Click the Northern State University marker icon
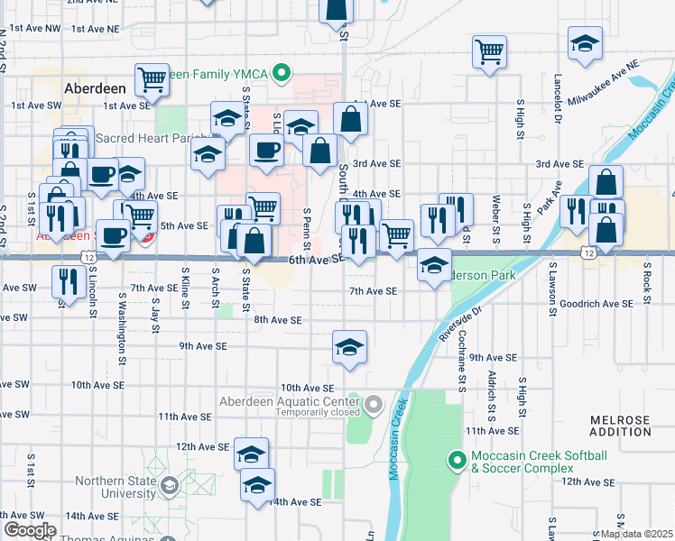[x=168, y=488]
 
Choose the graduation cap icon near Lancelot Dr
[x=585, y=43]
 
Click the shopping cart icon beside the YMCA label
[x=153, y=79]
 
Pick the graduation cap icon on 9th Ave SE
[x=349, y=346]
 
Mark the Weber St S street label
[x=496, y=217]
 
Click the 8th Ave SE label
[x=277, y=320]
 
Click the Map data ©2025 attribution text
[x=635, y=534]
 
